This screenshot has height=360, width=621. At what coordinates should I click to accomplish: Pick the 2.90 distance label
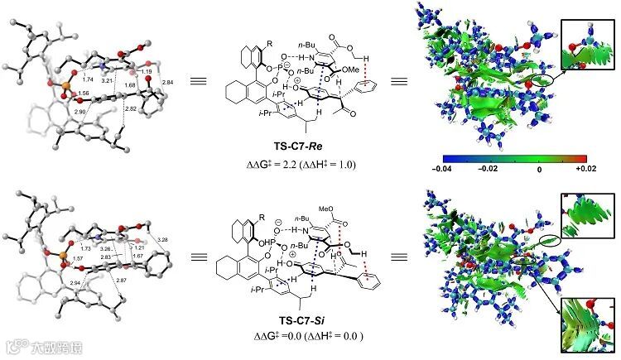[80, 110]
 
